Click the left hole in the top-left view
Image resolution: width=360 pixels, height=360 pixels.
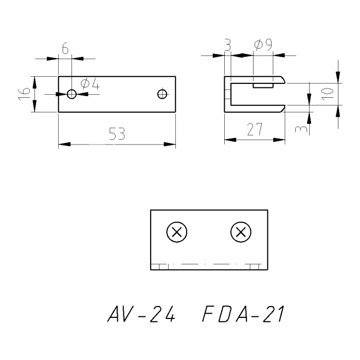tap(71, 94)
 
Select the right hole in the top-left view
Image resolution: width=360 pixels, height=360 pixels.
tap(163, 94)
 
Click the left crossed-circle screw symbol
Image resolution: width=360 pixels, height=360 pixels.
tap(177, 232)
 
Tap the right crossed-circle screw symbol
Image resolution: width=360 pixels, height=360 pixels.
tap(240, 232)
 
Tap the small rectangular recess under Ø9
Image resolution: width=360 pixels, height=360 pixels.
tap(263, 84)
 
